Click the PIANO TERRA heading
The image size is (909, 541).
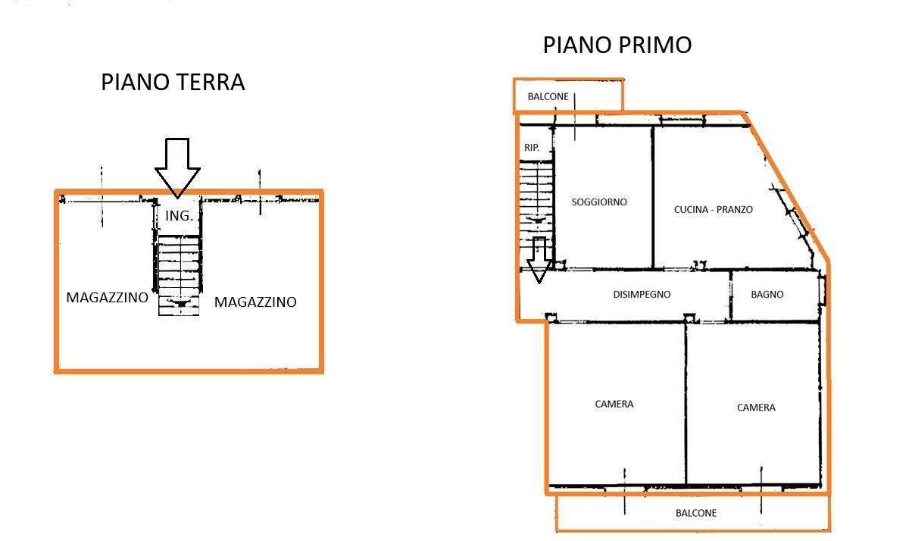click(x=173, y=82)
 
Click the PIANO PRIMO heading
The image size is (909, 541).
click(x=617, y=45)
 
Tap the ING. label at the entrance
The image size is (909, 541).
click(x=179, y=215)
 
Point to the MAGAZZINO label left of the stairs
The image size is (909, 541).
click(x=107, y=298)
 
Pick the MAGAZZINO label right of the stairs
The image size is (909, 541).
click(x=255, y=302)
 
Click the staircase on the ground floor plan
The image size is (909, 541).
click(x=179, y=276)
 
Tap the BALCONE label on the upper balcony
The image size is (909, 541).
click(x=548, y=96)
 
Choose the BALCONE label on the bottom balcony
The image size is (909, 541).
click(x=696, y=513)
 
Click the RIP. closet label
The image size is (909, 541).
click(x=532, y=148)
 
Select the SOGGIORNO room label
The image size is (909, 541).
click(x=599, y=202)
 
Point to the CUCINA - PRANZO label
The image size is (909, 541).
click(x=714, y=209)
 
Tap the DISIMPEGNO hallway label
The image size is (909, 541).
click(x=642, y=294)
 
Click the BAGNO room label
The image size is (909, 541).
click(x=767, y=294)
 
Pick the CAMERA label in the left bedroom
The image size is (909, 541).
click(x=614, y=404)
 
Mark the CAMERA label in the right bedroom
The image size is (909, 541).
click(x=756, y=407)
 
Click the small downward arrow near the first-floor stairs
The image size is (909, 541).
click(x=539, y=260)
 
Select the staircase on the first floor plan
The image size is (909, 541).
click(x=536, y=214)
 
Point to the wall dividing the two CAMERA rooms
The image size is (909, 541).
click(x=686, y=404)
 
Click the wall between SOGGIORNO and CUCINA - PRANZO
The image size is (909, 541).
click(x=653, y=197)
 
